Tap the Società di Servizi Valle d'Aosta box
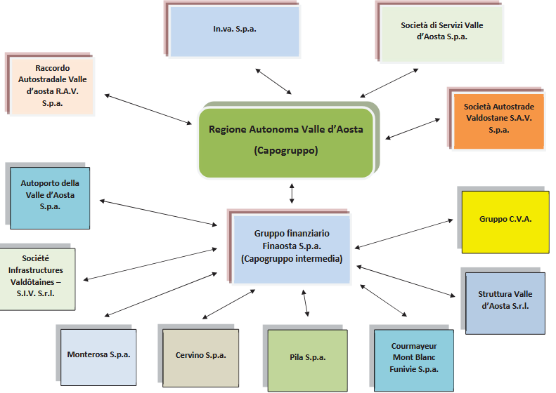(x=442, y=32)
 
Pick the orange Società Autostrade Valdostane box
(x=498, y=119)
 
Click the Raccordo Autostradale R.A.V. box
(x=53, y=86)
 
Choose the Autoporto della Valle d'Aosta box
(x=50, y=197)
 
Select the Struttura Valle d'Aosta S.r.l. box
(x=505, y=302)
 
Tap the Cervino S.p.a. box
(x=201, y=355)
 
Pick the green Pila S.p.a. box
(x=307, y=358)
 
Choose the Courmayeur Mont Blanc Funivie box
(x=414, y=358)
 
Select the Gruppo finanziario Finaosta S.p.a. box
(x=291, y=246)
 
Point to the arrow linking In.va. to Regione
(x=273, y=81)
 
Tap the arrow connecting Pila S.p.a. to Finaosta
(x=305, y=302)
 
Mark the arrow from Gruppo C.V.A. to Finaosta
(x=406, y=234)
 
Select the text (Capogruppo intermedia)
(x=291, y=258)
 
